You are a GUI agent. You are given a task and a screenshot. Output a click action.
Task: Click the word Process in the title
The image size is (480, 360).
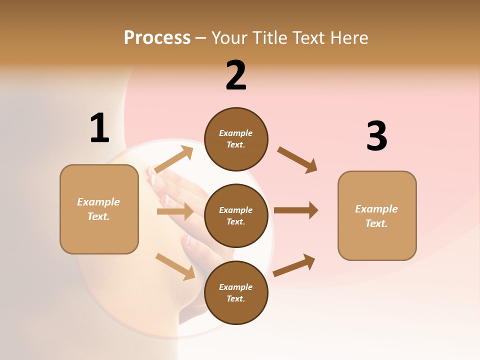[x=157, y=37]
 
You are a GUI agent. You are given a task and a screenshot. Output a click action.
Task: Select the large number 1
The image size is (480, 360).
[x=99, y=128]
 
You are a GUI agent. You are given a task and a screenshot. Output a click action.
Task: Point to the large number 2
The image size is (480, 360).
[x=236, y=75]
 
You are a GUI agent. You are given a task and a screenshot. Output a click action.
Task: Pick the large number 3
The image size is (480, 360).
[x=376, y=136]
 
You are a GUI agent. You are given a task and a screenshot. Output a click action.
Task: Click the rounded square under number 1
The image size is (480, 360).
[x=99, y=209]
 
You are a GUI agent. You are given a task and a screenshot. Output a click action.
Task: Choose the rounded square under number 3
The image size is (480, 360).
[x=377, y=216]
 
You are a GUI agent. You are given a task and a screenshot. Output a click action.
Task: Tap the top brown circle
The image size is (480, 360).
[x=236, y=139]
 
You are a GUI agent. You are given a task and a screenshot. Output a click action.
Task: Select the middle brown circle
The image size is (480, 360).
[x=236, y=215]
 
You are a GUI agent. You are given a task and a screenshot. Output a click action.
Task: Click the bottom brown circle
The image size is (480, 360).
[x=236, y=292]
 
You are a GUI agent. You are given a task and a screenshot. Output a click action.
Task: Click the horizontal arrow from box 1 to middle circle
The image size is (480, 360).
[x=175, y=212]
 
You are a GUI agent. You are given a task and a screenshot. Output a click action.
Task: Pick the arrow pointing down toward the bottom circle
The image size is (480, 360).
[x=175, y=266]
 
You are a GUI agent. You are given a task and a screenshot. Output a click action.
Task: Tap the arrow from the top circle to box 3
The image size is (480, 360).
[x=297, y=159]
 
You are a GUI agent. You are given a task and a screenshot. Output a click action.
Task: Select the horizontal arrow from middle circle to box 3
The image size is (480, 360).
[x=296, y=210]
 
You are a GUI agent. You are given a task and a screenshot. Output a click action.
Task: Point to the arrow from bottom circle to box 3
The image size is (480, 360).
[x=294, y=265]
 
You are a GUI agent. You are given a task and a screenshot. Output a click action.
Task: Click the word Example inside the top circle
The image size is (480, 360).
[x=236, y=133]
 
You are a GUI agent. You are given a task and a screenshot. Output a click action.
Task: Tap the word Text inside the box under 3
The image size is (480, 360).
[x=376, y=223]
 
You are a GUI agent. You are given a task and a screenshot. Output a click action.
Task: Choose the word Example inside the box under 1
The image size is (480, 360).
[x=98, y=202]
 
